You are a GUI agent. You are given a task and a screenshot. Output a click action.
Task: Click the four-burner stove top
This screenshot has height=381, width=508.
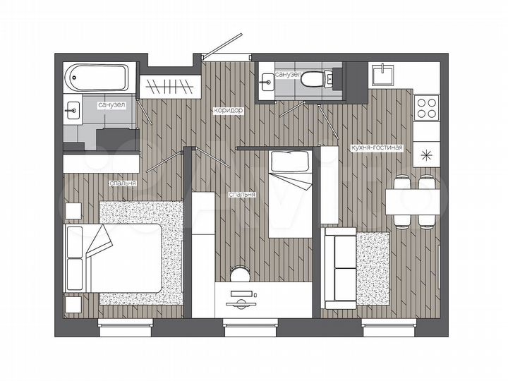tap(427, 107)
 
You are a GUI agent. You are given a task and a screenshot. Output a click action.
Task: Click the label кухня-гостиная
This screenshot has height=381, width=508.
tap(376, 147)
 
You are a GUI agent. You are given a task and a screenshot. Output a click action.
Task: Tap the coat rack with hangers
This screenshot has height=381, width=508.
tap(168, 87)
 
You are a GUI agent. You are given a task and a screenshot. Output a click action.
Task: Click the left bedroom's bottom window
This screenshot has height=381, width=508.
tap(125, 324)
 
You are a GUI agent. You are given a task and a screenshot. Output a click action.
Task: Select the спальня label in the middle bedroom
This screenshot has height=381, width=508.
tap(241, 193)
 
